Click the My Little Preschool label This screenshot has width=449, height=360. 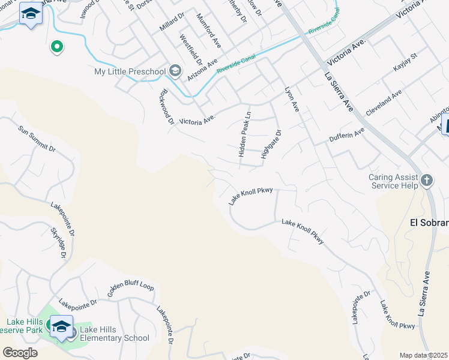[x=130, y=72]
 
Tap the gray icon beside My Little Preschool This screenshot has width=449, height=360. [x=175, y=72]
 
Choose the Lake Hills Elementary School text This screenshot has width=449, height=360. [x=115, y=338]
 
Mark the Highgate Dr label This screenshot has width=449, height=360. [x=270, y=145]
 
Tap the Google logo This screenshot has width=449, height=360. [x=20, y=353]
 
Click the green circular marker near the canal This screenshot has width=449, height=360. [x=57, y=46]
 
